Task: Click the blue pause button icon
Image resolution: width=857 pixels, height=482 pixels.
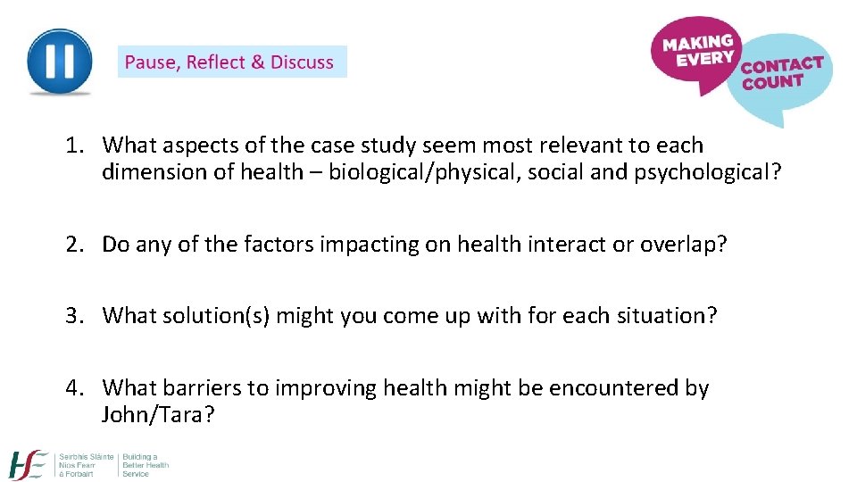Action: click(x=59, y=62)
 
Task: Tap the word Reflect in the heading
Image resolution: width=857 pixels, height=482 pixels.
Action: click(x=216, y=62)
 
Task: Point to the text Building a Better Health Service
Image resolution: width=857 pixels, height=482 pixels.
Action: click(x=146, y=464)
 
